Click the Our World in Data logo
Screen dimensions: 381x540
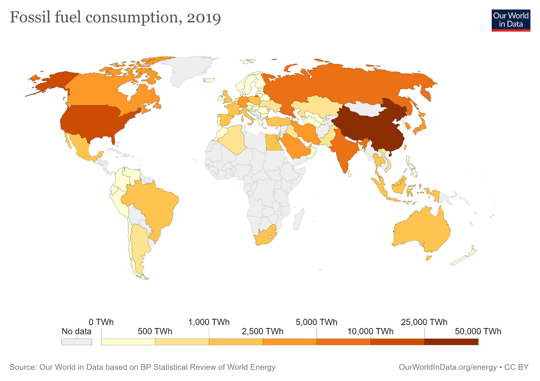(x=511, y=20)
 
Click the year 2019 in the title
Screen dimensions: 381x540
(x=204, y=18)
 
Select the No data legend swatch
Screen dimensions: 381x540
(x=77, y=342)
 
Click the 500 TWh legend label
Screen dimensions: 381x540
(x=155, y=331)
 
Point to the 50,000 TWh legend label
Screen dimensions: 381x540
(x=478, y=331)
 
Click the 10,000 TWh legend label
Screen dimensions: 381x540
(x=371, y=331)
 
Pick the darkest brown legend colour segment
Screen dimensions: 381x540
(x=451, y=342)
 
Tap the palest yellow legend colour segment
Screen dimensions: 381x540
(x=128, y=342)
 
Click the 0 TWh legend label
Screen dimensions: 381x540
(x=101, y=322)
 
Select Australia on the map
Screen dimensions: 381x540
(x=422, y=229)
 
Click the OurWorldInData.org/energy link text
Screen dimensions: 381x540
(x=448, y=367)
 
